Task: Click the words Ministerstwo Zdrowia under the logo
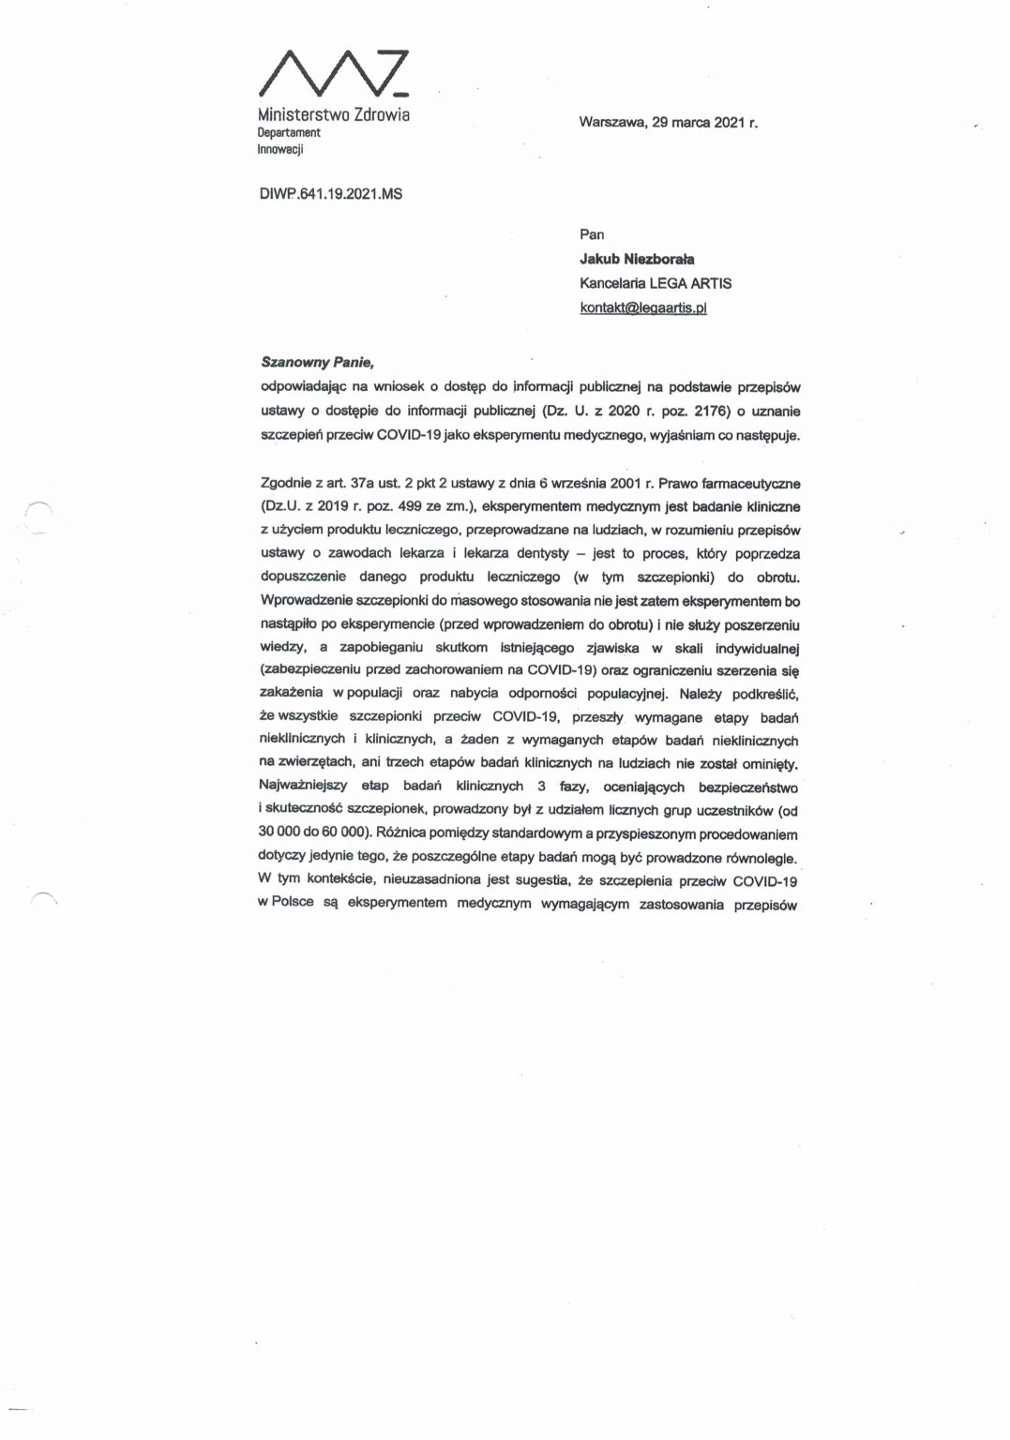[x=333, y=114]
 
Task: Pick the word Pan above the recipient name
[x=593, y=236]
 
